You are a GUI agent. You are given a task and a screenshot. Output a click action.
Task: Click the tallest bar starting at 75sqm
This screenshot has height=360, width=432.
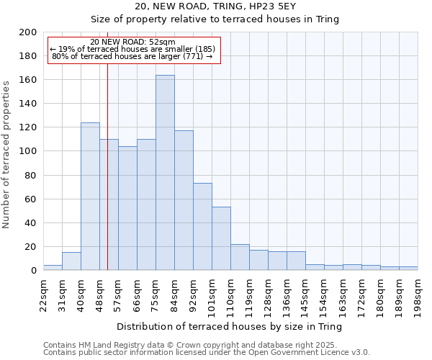point(165,173)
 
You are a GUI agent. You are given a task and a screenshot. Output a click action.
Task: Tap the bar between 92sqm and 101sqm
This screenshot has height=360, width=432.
point(202,227)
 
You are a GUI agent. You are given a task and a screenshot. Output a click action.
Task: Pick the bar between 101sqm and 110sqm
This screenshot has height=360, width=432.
point(221,238)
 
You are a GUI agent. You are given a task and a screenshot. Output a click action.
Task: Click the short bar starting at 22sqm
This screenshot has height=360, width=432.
point(53,268)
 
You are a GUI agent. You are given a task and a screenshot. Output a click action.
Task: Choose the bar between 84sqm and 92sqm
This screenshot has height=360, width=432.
point(184,200)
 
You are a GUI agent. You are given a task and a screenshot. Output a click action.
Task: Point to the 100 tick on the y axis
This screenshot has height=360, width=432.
point(28,151)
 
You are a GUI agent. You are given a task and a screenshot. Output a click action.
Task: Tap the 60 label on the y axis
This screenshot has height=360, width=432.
point(31,199)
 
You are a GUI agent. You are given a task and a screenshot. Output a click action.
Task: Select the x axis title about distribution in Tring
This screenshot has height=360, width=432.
point(230,326)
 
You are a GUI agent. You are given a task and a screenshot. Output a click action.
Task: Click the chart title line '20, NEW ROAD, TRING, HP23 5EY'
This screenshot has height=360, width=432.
point(230,6)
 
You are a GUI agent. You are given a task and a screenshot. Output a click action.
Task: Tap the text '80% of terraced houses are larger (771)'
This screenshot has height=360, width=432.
point(132,56)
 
